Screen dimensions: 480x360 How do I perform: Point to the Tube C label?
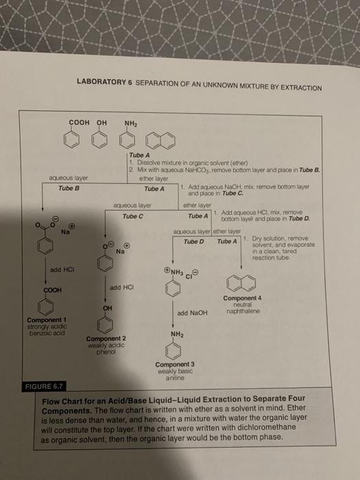[x=132, y=217]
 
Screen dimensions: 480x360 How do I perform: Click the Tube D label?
[x=194, y=241]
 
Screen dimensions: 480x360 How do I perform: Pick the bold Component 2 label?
[x=106, y=339]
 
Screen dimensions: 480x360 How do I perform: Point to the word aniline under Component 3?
[x=175, y=376]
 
